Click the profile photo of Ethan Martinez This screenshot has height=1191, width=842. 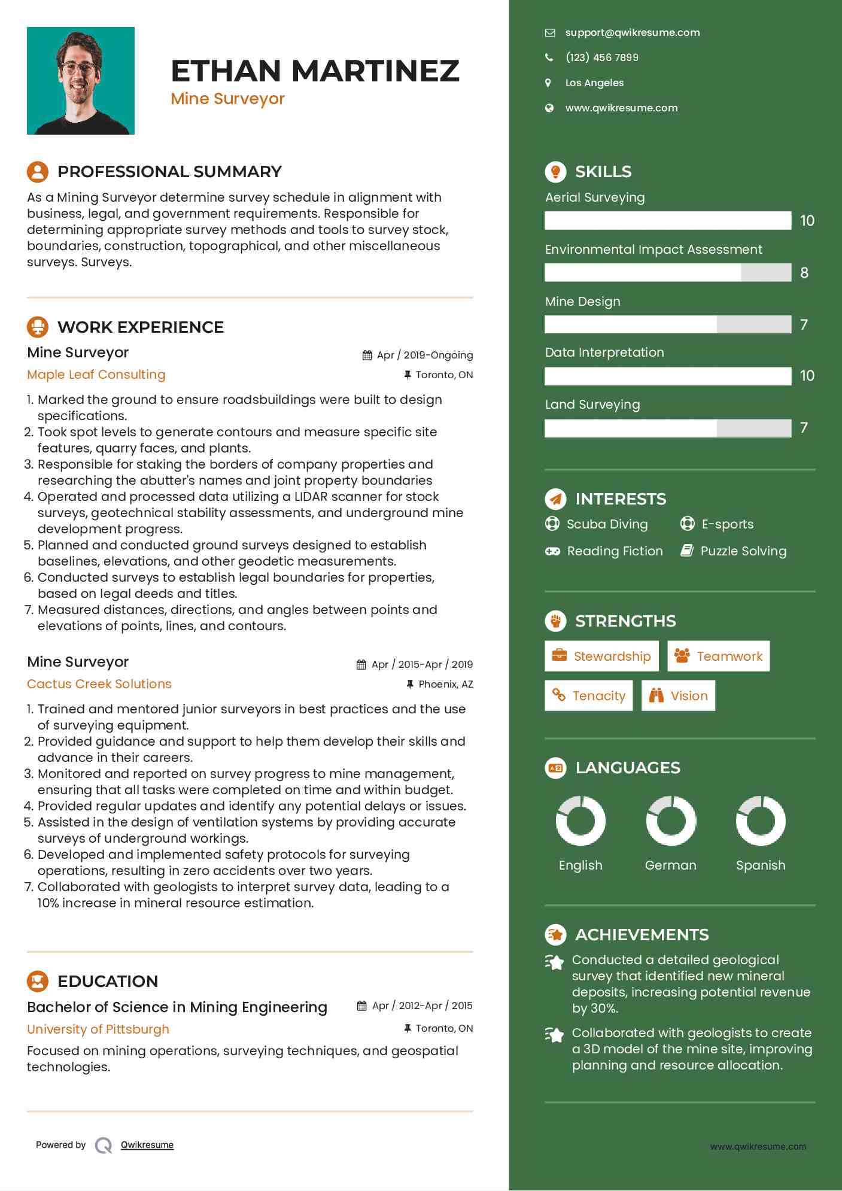click(81, 81)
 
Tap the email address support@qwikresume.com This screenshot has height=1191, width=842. click(632, 33)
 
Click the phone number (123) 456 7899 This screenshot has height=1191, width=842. click(601, 57)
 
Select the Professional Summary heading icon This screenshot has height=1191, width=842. click(38, 172)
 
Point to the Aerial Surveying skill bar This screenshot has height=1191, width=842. click(667, 220)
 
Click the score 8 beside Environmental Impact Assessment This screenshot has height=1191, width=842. click(804, 273)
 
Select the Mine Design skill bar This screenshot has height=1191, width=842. click(667, 324)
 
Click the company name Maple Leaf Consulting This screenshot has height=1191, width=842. click(96, 375)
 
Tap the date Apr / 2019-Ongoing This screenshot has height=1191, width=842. click(424, 355)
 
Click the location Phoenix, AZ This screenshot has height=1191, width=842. click(445, 684)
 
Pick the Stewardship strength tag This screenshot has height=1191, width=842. click(601, 656)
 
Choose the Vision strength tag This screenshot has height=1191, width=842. click(678, 695)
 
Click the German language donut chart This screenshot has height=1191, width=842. click(671, 821)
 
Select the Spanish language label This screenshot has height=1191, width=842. click(760, 865)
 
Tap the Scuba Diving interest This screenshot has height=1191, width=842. click(606, 524)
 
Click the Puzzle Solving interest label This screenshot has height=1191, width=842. click(743, 551)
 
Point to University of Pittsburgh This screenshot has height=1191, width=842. click(98, 1029)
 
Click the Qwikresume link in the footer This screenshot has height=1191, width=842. click(147, 1145)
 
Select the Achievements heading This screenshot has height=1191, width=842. click(642, 934)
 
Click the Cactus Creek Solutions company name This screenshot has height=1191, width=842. click(99, 684)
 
